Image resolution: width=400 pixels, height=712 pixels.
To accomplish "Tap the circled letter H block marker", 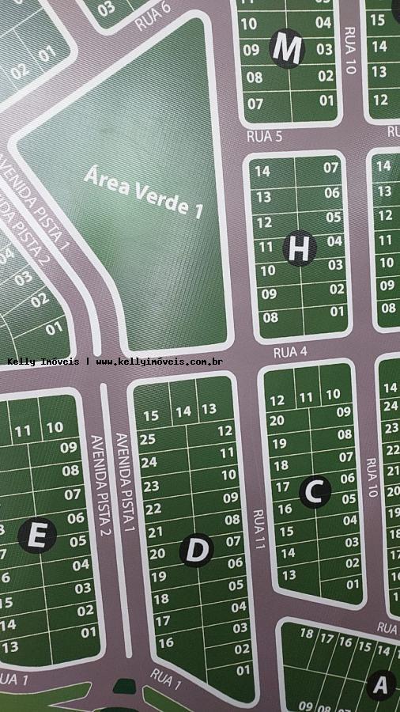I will (x=299, y=248).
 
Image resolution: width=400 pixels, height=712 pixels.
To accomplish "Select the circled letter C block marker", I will (x=315, y=492).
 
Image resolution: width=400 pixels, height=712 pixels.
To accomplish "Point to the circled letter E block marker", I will (x=37, y=536).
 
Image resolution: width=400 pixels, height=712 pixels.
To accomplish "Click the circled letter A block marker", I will (x=381, y=684).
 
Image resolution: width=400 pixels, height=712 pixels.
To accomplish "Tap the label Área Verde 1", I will (x=144, y=191).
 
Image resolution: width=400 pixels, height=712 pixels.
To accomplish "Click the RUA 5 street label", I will (x=264, y=137).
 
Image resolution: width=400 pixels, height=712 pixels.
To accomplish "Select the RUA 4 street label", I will (x=290, y=352).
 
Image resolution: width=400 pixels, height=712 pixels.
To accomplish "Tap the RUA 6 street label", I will (x=153, y=17).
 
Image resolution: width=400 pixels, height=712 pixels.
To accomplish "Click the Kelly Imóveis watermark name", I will (x=43, y=362).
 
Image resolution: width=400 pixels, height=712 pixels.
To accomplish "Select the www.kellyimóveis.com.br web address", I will (x=159, y=362).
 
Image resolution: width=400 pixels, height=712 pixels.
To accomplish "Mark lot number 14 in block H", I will (x=263, y=172).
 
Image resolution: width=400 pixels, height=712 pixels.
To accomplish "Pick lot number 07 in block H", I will (x=330, y=168).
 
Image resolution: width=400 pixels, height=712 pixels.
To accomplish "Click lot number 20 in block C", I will (x=276, y=421).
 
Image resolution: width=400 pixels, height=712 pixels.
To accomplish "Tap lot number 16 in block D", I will (x=166, y=643).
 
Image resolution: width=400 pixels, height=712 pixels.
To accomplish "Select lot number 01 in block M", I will (x=326, y=100).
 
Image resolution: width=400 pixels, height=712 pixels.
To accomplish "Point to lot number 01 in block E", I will (x=89, y=632).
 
